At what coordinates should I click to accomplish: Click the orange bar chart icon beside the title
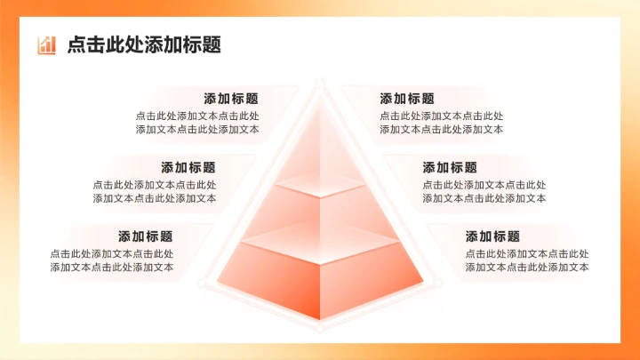click(47, 45)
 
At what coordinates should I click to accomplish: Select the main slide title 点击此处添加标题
click(144, 45)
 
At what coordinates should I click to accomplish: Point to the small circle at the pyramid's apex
click(319, 82)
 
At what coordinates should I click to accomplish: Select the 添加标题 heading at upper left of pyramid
click(231, 99)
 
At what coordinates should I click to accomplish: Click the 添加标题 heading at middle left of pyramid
click(188, 167)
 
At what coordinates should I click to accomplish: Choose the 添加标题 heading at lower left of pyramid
click(146, 236)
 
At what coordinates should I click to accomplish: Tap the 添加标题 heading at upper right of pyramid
click(407, 99)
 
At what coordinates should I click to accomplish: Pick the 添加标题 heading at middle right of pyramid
click(450, 167)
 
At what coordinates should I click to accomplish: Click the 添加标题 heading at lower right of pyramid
click(492, 236)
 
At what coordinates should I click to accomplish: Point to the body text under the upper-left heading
click(197, 123)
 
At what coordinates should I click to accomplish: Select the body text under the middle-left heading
click(155, 191)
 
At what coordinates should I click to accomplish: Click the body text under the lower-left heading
click(112, 260)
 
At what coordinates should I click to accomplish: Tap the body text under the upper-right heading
click(442, 123)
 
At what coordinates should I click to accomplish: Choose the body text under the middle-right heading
click(484, 191)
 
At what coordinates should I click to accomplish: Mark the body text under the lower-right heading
click(527, 260)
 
